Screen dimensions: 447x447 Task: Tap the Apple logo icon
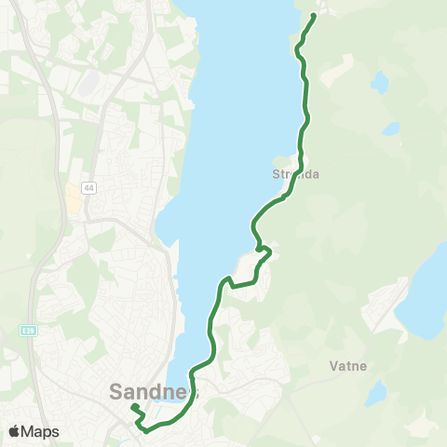[x=14, y=431]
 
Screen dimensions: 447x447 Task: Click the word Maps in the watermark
[x=41, y=431]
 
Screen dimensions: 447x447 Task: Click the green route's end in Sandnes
[x=132, y=407]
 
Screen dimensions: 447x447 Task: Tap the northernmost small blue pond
[x=380, y=82]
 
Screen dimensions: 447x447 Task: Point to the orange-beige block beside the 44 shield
[x=72, y=196]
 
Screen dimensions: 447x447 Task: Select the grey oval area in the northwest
[x=89, y=84]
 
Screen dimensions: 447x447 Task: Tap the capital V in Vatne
[x=332, y=367]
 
